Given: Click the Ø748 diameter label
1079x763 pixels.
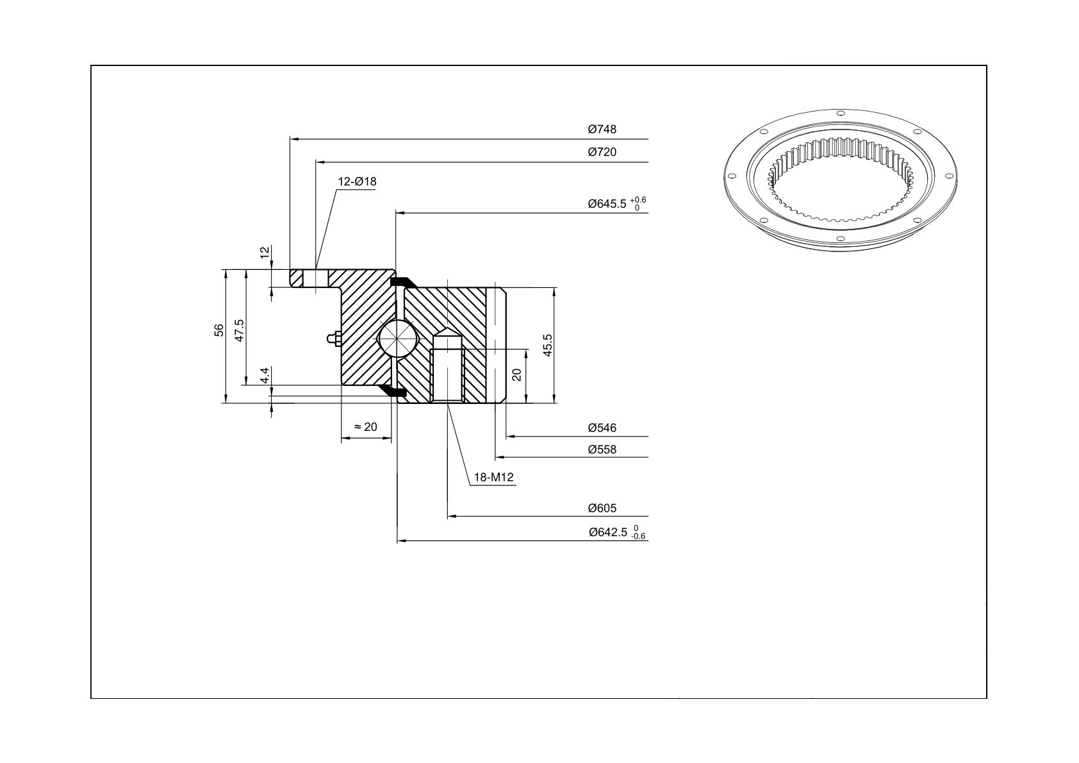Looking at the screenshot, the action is click(x=602, y=129).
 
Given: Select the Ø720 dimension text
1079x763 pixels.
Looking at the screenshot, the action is click(x=602, y=152).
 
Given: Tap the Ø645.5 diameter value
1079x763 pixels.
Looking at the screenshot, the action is click(x=607, y=204).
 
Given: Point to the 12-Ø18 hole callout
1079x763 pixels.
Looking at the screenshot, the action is click(x=357, y=181).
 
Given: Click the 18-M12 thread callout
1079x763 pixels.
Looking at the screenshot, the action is click(x=494, y=477).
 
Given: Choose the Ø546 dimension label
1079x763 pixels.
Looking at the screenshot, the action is click(x=602, y=428).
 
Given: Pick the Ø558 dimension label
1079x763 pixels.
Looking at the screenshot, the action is click(x=602, y=449).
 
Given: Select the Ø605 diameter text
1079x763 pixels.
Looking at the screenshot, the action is click(x=602, y=508).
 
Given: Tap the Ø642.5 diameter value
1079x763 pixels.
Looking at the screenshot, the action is click(x=608, y=532).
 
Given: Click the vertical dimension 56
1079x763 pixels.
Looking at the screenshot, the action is click(x=219, y=330).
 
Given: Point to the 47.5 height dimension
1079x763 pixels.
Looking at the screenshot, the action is click(x=240, y=330).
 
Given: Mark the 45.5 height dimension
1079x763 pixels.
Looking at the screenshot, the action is click(x=548, y=345).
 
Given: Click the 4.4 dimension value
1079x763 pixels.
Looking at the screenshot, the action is click(x=265, y=376).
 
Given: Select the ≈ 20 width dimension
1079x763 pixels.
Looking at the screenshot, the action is click(x=366, y=427).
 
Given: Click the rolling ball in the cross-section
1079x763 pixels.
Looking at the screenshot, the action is click(x=399, y=339).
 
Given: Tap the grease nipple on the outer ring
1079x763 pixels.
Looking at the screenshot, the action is click(x=333, y=339).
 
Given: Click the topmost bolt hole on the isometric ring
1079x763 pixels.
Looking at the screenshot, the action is click(x=841, y=113).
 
